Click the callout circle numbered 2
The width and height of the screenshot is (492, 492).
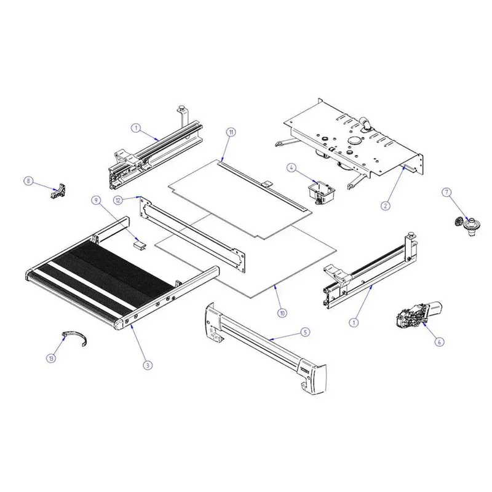pyautogui.click(x=386, y=205)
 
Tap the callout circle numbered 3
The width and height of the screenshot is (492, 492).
pyautogui.click(x=148, y=365)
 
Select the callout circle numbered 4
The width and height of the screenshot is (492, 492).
pyautogui.click(x=291, y=168)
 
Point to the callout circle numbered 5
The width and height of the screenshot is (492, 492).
pyautogui.click(x=305, y=332)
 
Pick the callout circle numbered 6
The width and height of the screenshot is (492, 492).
pyautogui.click(x=439, y=342)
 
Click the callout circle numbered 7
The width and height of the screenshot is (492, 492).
pyautogui.click(x=446, y=192)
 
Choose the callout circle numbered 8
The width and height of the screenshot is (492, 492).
pyautogui.click(x=28, y=181)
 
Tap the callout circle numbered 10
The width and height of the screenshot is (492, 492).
pyautogui.click(x=282, y=313)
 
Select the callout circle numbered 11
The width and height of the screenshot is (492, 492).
pyautogui.click(x=231, y=132)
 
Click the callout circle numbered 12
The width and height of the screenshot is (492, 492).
pyautogui.click(x=118, y=200)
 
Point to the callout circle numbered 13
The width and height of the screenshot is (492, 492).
pyautogui.click(x=51, y=358)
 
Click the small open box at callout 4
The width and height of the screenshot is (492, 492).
pyautogui.click(x=321, y=191)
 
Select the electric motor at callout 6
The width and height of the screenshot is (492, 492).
pyautogui.click(x=419, y=314)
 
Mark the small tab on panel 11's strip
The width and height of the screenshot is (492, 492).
pyautogui.click(x=266, y=184)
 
